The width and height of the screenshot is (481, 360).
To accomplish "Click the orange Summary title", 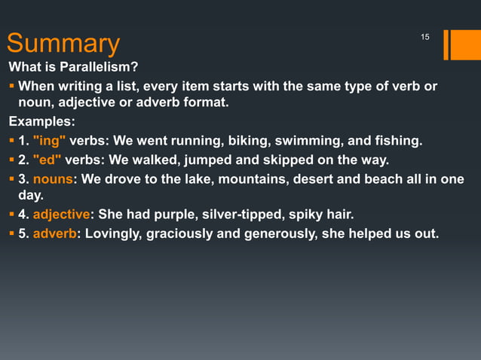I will click(x=63, y=44).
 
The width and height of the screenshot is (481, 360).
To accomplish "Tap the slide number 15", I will click(x=424, y=38).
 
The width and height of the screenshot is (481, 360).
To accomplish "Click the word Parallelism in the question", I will click(x=97, y=67).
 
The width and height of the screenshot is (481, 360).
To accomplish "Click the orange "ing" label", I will click(x=50, y=140).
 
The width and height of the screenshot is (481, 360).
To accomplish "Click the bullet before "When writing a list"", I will click(x=12, y=86).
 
